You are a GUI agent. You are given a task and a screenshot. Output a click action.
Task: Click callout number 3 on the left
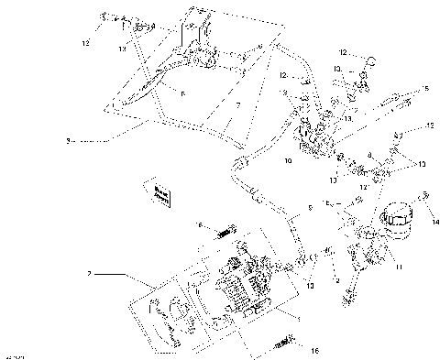pyautogui.click(x=69, y=141)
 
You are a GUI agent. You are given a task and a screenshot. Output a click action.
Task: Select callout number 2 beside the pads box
pyautogui.click(x=89, y=272)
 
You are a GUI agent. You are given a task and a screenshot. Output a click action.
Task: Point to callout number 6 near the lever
pyautogui.click(x=183, y=93)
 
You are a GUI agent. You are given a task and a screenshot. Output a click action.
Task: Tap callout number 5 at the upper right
pyautogui.click(x=424, y=90)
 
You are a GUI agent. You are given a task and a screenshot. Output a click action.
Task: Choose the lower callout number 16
pyautogui.click(x=313, y=350)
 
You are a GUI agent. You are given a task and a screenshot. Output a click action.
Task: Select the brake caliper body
pyautogui.click(x=247, y=289)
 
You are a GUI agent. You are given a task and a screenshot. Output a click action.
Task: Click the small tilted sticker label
pyautogui.click(x=162, y=193)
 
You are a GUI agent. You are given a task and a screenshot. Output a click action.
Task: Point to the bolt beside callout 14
pyautogui.click(x=424, y=196)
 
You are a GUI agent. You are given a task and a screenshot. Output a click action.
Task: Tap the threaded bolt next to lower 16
pyautogui.click(x=282, y=344)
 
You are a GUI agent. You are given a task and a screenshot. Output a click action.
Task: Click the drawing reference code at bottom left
pyautogui.click(x=14, y=355)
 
